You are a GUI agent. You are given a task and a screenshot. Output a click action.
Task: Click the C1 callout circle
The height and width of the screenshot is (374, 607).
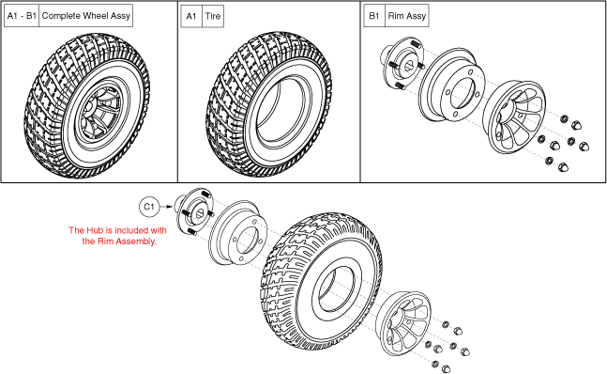coord(149,207)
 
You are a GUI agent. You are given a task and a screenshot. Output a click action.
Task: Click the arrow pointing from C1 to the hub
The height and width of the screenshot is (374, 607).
coord(166,207)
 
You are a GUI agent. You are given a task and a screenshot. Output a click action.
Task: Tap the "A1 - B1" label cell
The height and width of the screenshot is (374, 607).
coord(22,16)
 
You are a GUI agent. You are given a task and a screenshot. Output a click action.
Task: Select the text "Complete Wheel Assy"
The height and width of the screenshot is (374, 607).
coord(86,16)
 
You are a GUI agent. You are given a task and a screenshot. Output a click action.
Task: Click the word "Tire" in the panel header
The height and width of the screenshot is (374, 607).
coord(213,16)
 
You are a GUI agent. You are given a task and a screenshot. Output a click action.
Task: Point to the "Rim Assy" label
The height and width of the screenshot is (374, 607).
coord(407,16)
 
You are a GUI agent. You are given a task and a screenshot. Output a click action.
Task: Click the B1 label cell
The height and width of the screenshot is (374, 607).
coord(374,16)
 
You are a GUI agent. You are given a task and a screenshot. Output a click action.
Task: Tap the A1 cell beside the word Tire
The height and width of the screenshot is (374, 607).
coord(191,16)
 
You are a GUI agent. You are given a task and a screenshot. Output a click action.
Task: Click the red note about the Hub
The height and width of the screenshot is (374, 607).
coord(118,236)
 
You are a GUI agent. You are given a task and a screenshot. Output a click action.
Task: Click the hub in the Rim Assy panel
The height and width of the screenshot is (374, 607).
coord(402,63)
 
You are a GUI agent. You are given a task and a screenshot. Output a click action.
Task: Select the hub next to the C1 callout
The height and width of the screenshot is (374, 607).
coord(193,211)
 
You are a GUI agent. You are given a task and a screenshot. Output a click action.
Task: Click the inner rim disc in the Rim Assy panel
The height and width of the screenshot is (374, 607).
coord(452,86)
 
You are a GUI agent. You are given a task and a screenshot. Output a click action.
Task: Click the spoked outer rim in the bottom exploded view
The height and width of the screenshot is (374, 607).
coord(403,323)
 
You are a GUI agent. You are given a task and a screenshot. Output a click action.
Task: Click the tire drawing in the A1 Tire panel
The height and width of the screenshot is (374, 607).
coord(268,104)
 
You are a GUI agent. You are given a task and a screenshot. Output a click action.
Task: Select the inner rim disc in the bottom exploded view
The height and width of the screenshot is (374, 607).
coord(238,233)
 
